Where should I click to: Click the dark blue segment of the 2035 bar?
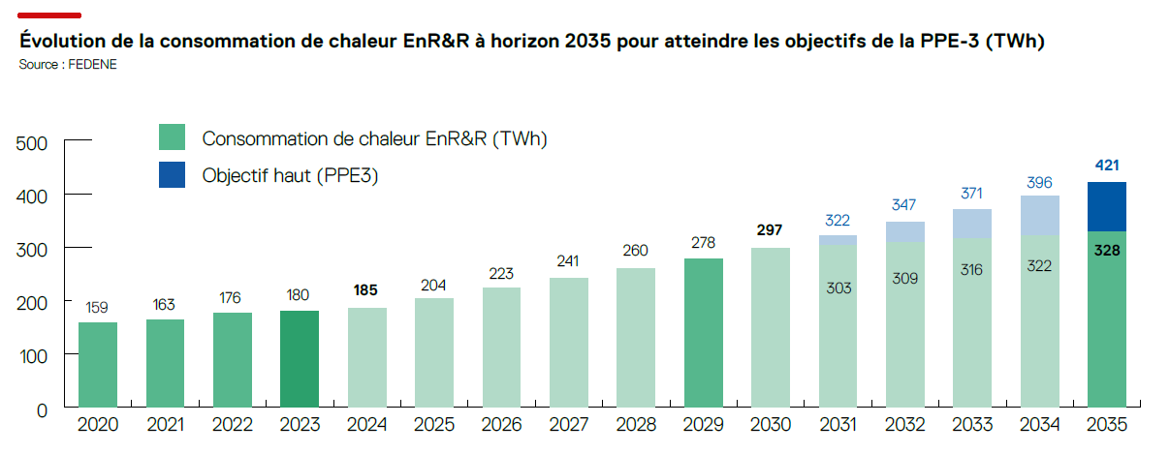point(1106,206)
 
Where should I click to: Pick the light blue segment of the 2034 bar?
point(1039,215)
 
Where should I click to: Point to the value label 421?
point(1106,166)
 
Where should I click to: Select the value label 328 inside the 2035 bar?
point(1106,249)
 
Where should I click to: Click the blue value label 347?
point(905,206)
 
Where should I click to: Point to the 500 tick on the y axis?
point(34,143)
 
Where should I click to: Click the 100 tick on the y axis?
point(34,355)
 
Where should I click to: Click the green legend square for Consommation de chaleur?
point(172,137)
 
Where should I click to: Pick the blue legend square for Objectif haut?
point(172,175)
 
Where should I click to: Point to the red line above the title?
point(49,15)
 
